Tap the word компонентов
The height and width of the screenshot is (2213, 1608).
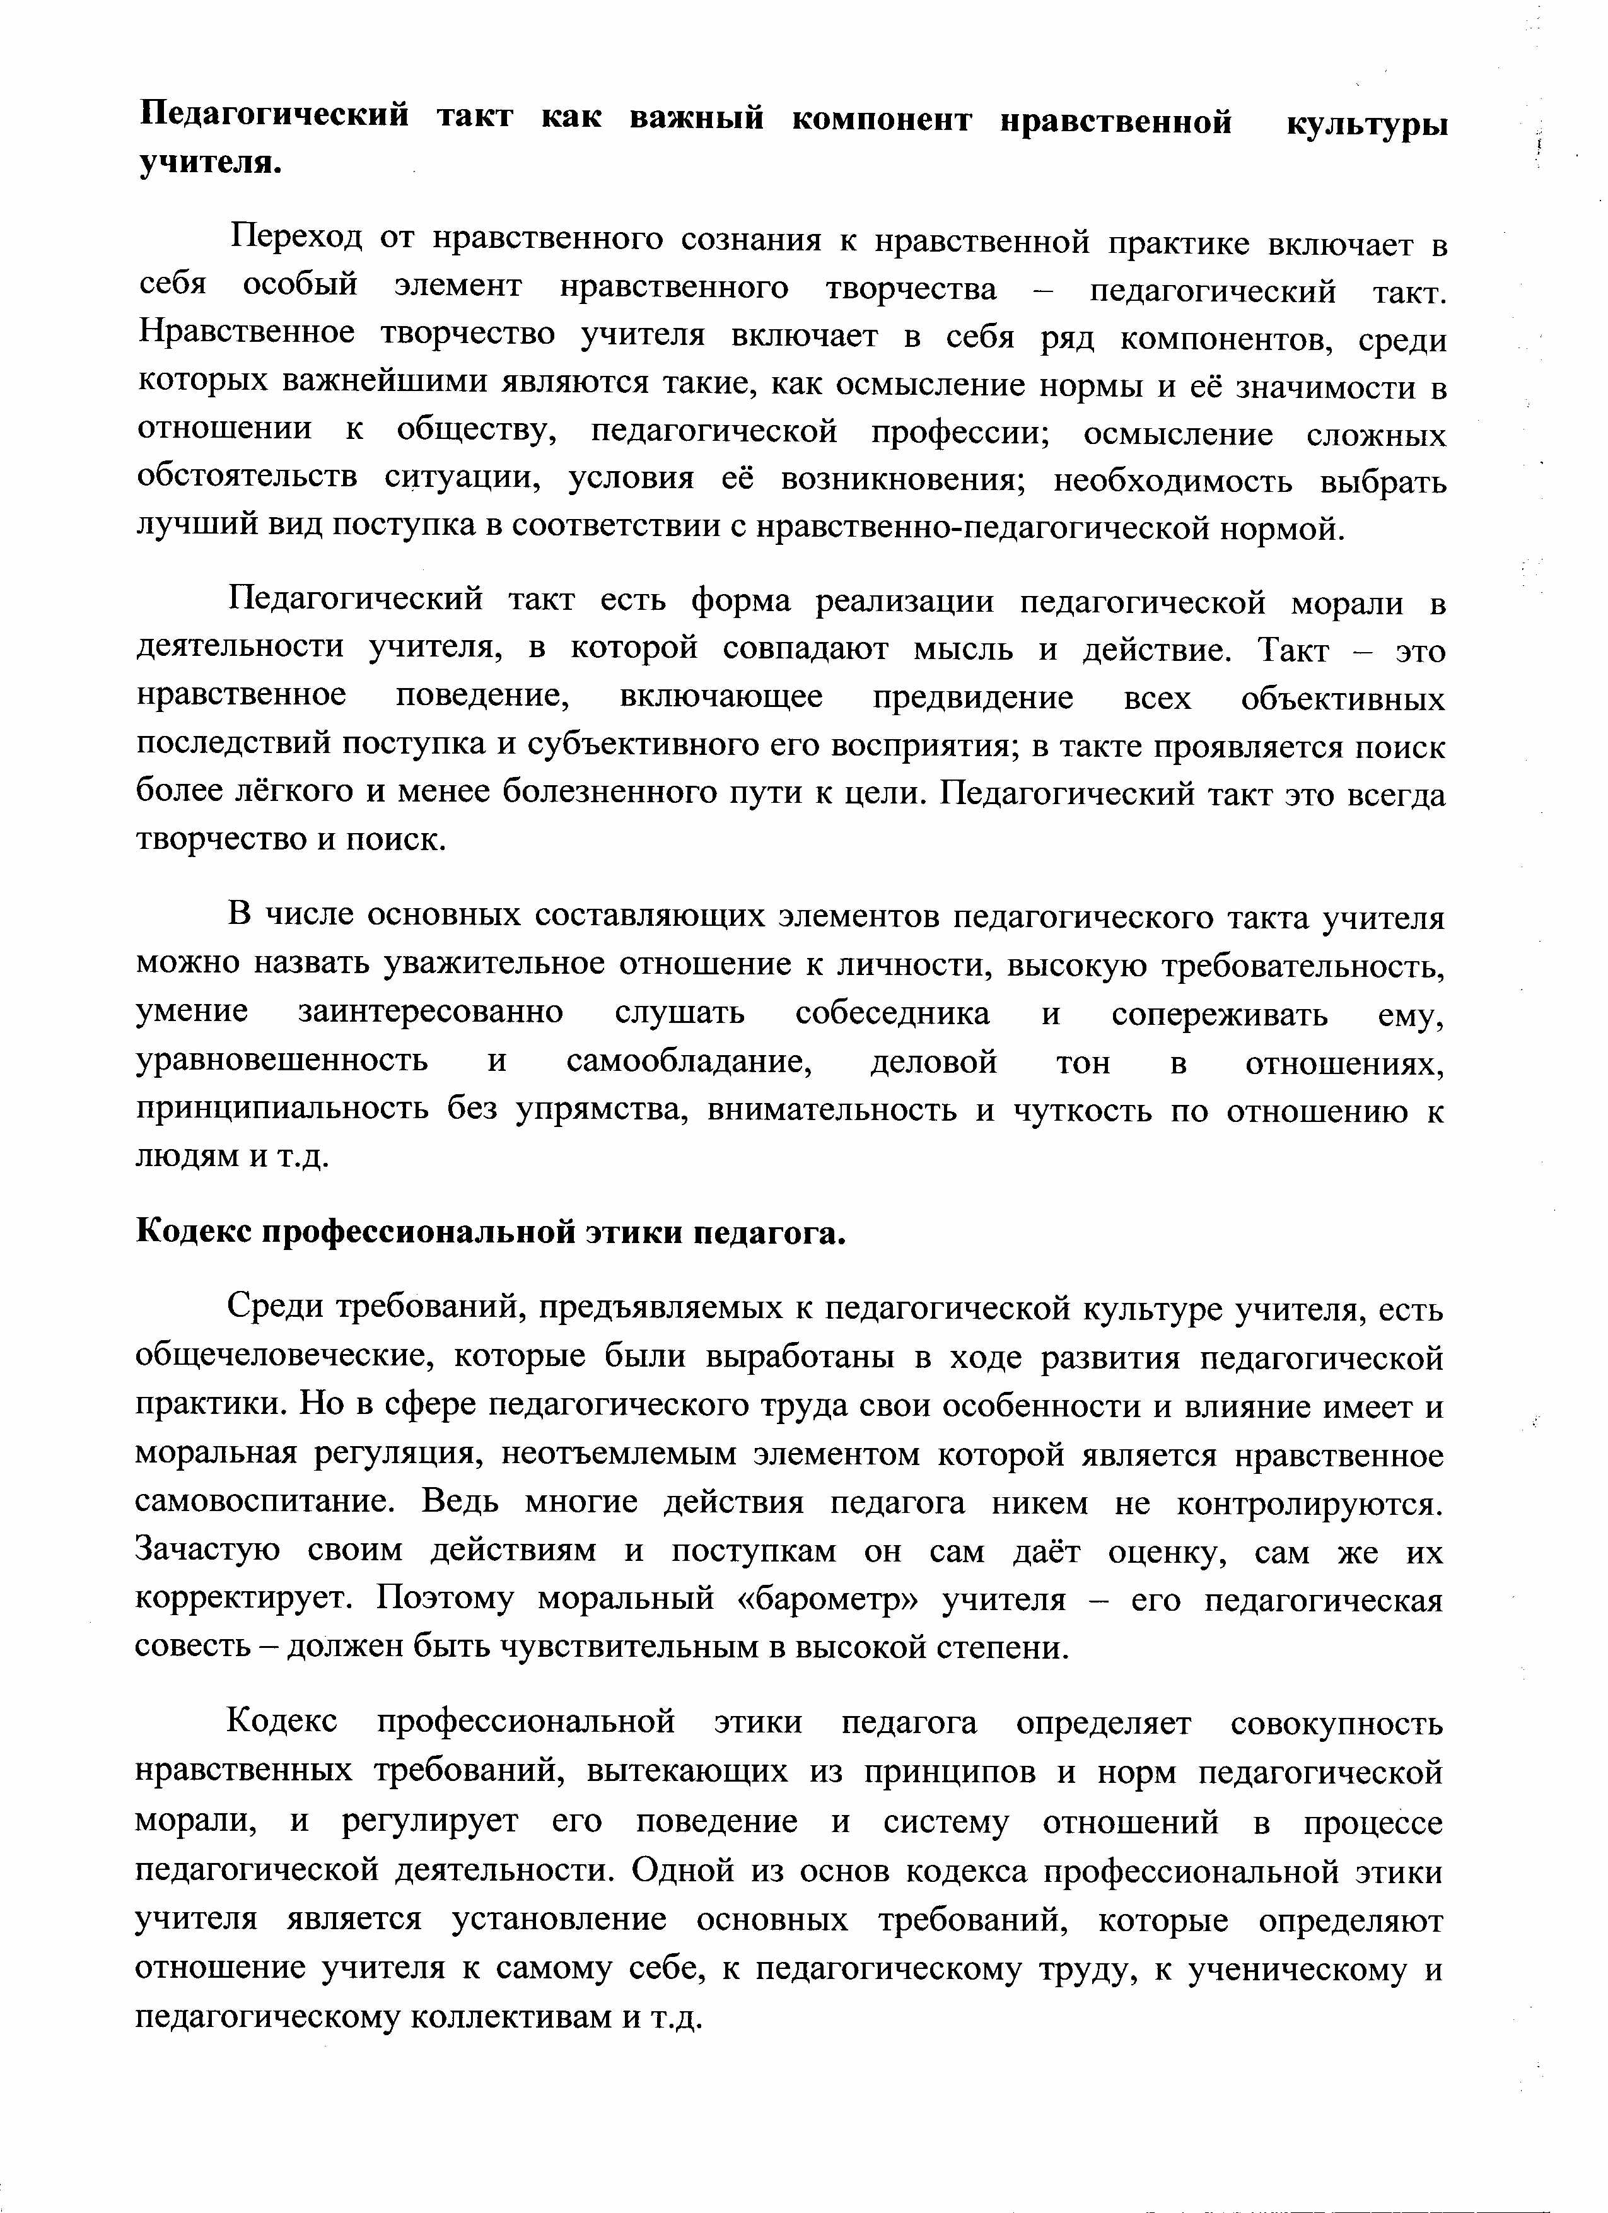[x=1223, y=339]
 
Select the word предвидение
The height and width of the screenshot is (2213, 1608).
[x=973, y=698]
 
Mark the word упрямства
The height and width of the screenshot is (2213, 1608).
[x=600, y=1111]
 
